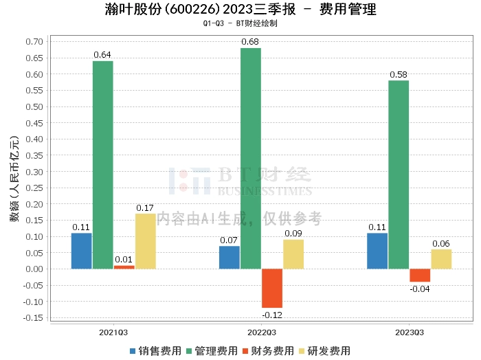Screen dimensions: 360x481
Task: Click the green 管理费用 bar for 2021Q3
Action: click(103, 165)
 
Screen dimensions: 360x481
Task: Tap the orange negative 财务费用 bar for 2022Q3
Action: click(272, 288)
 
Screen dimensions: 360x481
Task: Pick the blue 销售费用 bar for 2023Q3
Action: click(377, 251)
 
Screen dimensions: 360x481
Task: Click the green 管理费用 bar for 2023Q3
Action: click(399, 175)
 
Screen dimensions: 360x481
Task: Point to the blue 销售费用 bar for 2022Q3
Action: click(230, 258)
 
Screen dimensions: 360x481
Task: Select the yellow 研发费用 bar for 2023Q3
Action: click(441, 259)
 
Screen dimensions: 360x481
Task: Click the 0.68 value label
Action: click(250, 43)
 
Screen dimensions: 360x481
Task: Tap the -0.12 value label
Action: click(271, 315)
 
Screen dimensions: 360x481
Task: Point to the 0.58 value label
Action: click(399, 75)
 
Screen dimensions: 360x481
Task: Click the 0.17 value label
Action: click(145, 207)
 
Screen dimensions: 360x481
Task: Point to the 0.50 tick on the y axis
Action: click(34, 106)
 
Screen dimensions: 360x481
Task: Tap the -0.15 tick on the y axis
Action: click(32, 317)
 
